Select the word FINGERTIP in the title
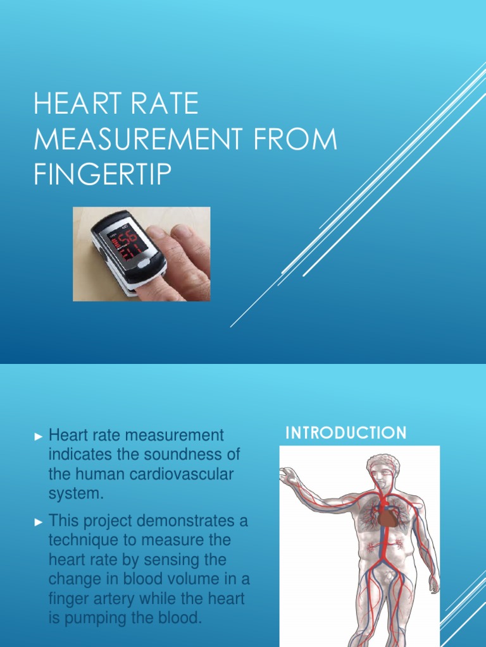[x=103, y=174]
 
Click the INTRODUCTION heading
[x=346, y=433]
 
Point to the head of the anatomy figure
[x=382, y=471]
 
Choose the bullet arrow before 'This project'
[x=39, y=523]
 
